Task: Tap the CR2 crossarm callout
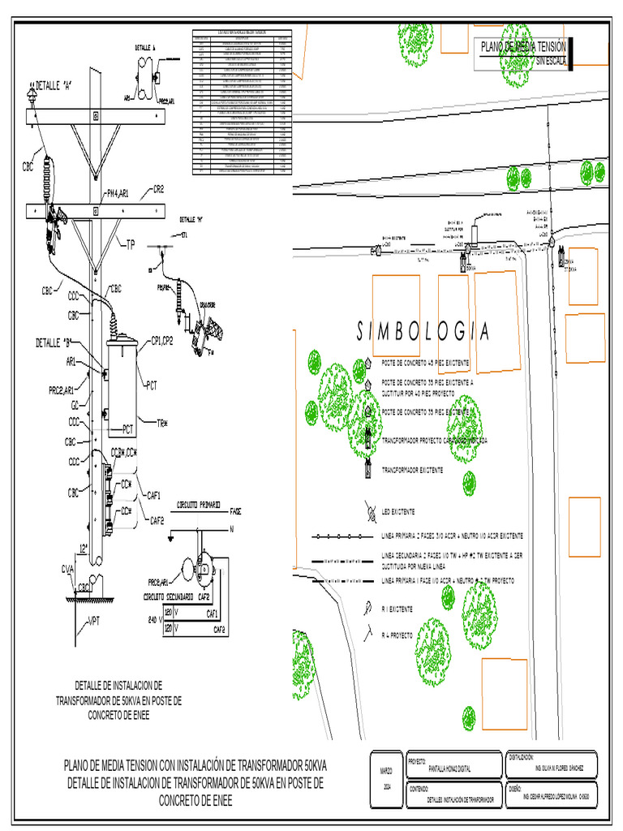pyautogui.click(x=158, y=190)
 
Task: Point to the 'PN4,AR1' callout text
pyautogui.click(x=122, y=193)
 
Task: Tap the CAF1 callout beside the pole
pyautogui.click(x=154, y=494)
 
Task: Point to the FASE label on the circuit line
pyautogui.click(x=236, y=511)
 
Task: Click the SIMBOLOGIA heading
pyautogui.click(x=423, y=331)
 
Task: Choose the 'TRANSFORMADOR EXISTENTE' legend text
pyautogui.click(x=412, y=470)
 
